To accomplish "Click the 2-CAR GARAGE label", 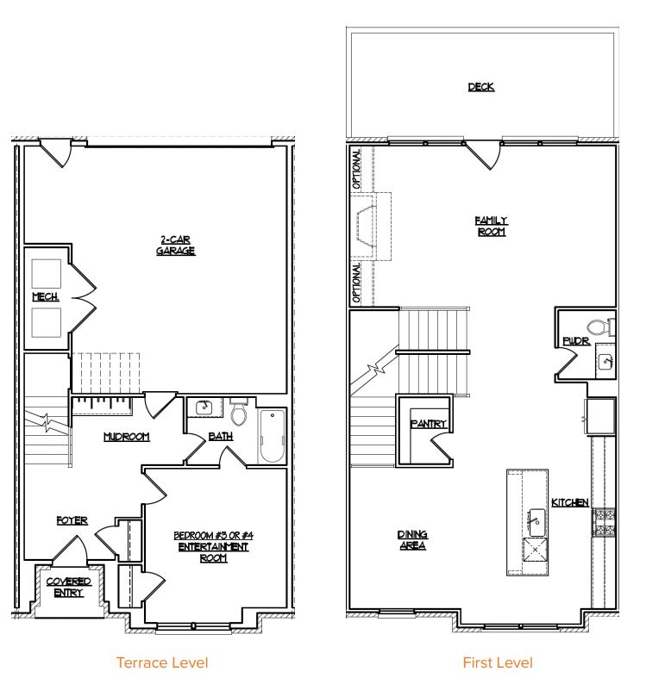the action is click(175, 246).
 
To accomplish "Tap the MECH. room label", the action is click(46, 296).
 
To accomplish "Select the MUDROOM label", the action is click(127, 437).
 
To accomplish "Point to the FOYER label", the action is click(72, 520).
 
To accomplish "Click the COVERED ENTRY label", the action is click(68, 587).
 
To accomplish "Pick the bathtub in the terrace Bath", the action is click(272, 436).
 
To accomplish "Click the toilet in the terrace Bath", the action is click(239, 412).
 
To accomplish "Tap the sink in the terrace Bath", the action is click(204, 407).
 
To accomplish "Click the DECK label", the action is click(481, 87).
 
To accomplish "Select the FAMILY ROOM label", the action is click(492, 227).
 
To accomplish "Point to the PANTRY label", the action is click(428, 424).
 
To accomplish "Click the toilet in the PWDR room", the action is click(600, 327).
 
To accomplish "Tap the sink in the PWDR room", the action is click(605, 362).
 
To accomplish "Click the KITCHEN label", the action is click(570, 502).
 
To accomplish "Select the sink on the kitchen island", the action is click(536, 522).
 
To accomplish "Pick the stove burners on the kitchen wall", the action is click(604, 522).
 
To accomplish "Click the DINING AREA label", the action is click(412, 540).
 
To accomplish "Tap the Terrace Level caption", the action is click(162, 662).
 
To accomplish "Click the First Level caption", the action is click(498, 662).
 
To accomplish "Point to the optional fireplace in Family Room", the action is click(365, 227).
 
